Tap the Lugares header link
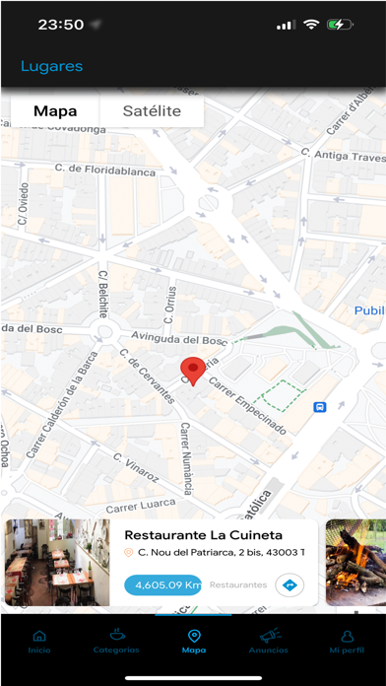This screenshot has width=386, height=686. click(51, 67)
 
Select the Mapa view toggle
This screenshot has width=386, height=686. click(55, 111)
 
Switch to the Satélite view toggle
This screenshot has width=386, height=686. click(152, 111)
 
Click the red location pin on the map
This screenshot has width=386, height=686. click(194, 371)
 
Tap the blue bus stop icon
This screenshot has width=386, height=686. click(320, 407)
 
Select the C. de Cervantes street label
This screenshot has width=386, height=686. click(147, 376)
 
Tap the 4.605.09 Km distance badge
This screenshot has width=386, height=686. click(163, 584)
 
